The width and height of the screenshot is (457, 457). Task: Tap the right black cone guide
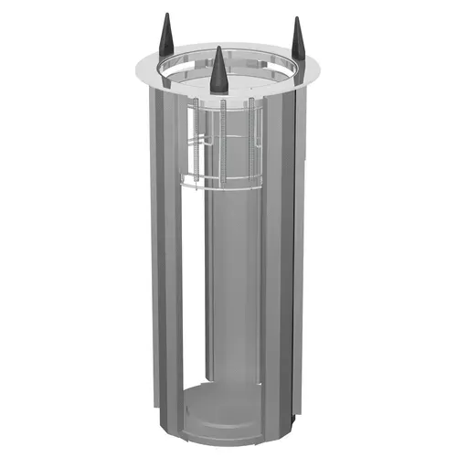[x=296, y=41]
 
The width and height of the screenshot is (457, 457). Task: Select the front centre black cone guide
[x=218, y=74]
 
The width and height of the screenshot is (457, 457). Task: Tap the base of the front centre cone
[x=218, y=92]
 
